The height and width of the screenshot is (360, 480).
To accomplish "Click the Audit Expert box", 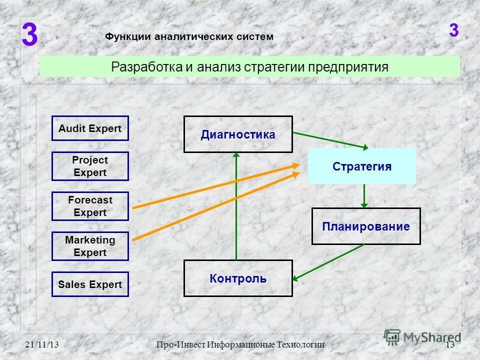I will (90, 128).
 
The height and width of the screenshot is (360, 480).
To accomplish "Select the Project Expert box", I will (90, 166).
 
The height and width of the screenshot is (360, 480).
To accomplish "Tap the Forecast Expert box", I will (90, 206).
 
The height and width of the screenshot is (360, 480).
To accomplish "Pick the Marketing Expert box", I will (90, 246).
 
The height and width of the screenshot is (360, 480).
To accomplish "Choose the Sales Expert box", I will (90, 284).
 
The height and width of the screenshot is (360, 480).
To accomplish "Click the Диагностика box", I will (238, 134).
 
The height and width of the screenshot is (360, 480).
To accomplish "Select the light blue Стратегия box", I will (362, 166).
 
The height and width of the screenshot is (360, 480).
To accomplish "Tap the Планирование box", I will (366, 226).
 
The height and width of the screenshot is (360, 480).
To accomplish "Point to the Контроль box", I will (238, 278).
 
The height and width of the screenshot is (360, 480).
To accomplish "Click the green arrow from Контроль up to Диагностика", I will (236, 210).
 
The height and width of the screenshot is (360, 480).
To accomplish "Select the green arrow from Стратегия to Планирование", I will (364, 196).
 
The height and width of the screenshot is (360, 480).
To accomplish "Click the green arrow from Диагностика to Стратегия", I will (330, 140).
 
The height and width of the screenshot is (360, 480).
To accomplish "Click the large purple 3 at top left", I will (29, 36).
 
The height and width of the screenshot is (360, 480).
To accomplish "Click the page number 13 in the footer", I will (449, 345).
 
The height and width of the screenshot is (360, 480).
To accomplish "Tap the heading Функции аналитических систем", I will (189, 36).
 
